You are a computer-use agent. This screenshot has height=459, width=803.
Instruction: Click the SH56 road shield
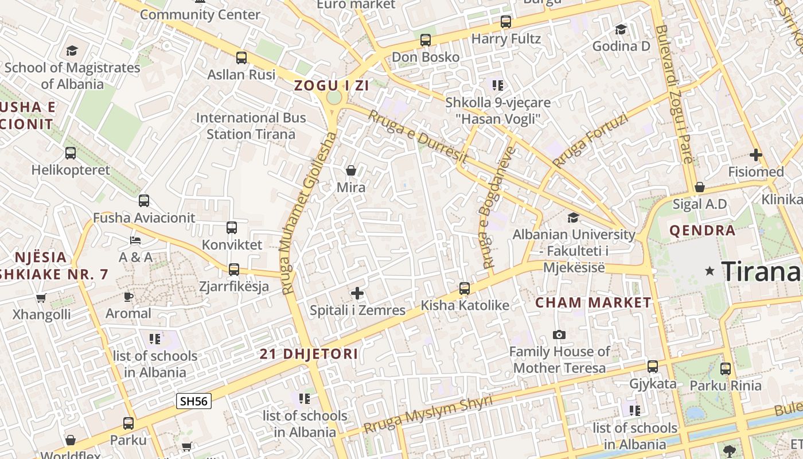[x=194, y=401]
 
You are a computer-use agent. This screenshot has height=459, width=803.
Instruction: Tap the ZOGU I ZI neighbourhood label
[x=331, y=86]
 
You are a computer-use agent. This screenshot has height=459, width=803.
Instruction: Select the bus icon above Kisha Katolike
[x=465, y=288]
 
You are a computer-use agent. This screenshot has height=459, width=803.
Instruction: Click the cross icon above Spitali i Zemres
[x=357, y=293]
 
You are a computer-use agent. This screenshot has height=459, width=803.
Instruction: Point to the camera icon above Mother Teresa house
[x=559, y=334]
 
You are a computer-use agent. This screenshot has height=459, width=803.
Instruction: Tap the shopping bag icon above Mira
[x=351, y=170]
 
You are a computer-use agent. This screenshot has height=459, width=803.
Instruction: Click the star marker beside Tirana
[x=710, y=271]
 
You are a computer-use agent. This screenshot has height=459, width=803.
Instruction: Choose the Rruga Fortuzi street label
[x=591, y=139]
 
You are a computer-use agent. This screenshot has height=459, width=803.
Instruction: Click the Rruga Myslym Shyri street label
[x=428, y=414]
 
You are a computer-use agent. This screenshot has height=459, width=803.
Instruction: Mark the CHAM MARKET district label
[x=594, y=302]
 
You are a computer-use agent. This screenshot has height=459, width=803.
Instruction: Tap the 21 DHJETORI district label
[x=309, y=354]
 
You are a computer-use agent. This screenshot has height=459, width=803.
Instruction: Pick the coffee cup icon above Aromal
[x=128, y=297]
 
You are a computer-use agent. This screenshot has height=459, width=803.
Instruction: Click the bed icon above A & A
[x=135, y=240]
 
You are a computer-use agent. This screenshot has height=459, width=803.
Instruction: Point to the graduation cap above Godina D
[x=621, y=29]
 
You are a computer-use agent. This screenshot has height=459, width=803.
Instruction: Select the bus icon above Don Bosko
[x=426, y=40]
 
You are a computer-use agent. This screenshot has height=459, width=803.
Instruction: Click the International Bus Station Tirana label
[x=251, y=126]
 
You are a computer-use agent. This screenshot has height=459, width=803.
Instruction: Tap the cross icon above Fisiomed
[x=756, y=154]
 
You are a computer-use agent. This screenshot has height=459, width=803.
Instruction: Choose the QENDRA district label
[x=702, y=231]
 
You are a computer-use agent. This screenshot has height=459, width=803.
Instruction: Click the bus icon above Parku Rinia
[x=726, y=369]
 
